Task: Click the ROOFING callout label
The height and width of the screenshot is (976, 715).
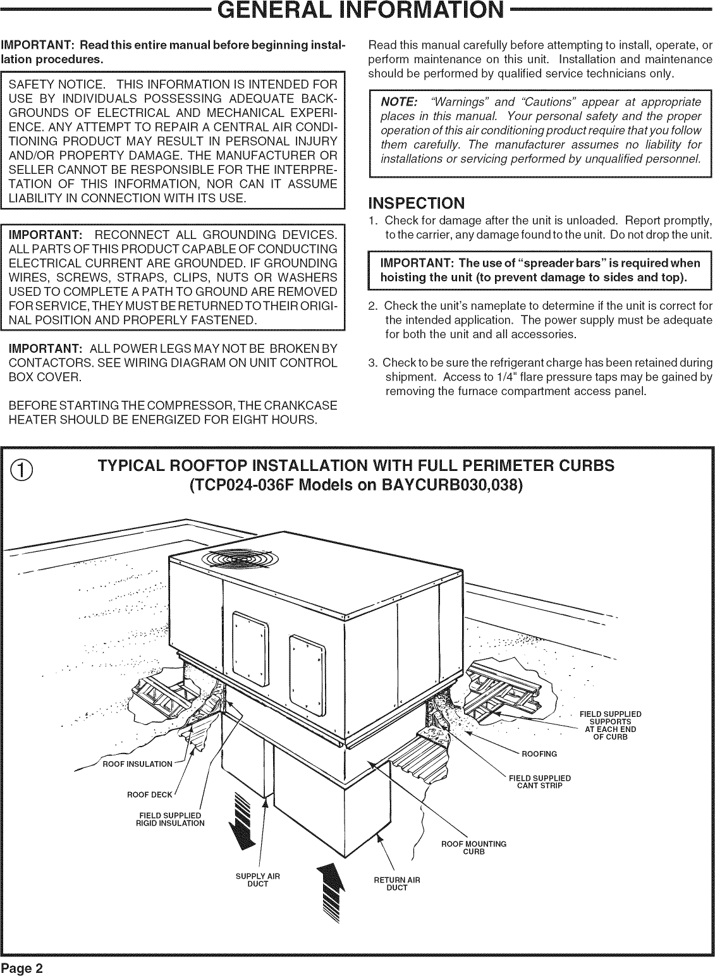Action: pos(539,753)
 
